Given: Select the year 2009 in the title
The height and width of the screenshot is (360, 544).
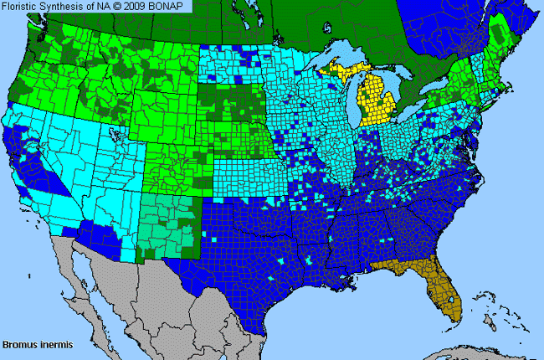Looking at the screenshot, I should (143, 6).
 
